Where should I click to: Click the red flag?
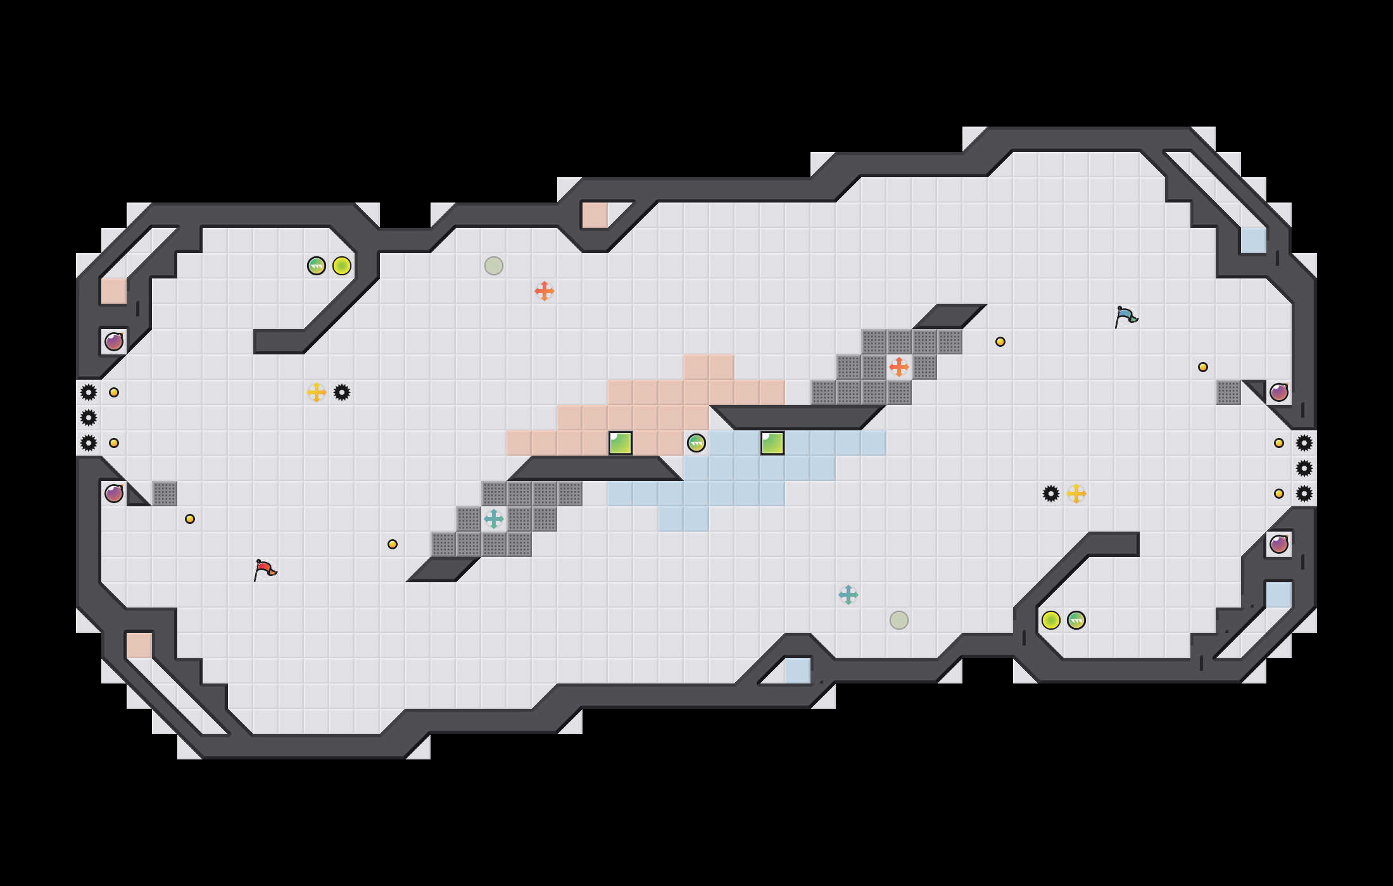[265, 570]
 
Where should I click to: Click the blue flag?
[1126, 316]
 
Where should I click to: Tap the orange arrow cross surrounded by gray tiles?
[899, 367]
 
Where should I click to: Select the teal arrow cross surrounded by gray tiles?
[494, 519]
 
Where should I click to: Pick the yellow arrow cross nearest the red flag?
[317, 392]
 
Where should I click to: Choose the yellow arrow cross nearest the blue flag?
[1076, 494]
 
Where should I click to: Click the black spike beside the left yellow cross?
[342, 392]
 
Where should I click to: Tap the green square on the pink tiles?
[621, 443]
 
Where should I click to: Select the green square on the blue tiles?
[772, 443]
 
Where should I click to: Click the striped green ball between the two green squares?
[696, 443]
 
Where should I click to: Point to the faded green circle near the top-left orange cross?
[494, 266]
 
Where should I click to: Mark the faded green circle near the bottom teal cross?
[899, 620]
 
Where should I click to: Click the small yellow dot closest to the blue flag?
[1000, 342]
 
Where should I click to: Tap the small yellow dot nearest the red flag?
[190, 519]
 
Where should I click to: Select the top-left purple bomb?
[114, 342]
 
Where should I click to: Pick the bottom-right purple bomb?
[1279, 544]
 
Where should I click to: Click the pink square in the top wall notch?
[595, 215]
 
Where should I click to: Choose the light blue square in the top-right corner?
[1254, 240]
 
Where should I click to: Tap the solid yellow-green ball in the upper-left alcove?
[342, 266]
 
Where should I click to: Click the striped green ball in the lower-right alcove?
[1076, 620]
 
